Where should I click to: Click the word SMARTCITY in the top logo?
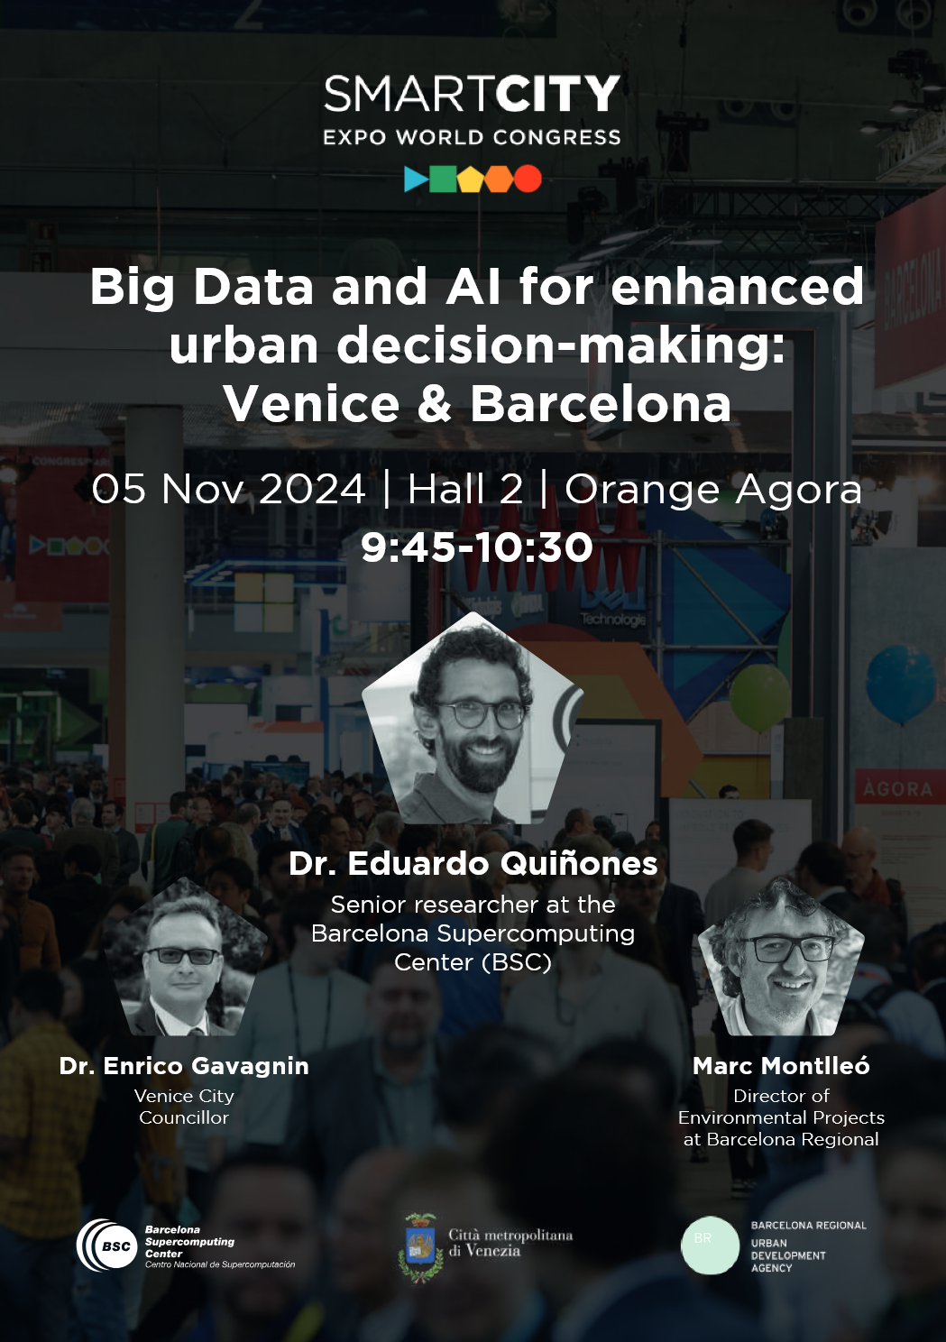tap(473, 94)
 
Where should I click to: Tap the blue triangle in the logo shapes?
tap(415, 179)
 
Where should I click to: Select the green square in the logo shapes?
tap(443, 179)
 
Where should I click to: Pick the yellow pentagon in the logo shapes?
tap(471, 179)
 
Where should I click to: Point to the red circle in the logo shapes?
tap(528, 179)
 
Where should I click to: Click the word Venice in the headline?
tap(312, 404)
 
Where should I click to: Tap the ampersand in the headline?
tap(435, 404)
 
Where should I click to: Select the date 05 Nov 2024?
tap(228, 488)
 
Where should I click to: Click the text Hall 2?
tap(465, 488)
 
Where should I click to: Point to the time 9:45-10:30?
tap(477, 547)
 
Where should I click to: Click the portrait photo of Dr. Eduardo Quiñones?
tap(473, 718)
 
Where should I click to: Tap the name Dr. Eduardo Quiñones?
tap(473, 863)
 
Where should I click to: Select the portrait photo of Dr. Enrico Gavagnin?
tap(185, 957)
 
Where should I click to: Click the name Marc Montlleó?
tap(781, 1066)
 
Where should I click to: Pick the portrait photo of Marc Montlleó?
tap(781, 957)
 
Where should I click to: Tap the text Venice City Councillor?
tap(184, 1107)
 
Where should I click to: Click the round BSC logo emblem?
tap(106, 1245)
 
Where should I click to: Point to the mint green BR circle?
tap(710, 1245)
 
